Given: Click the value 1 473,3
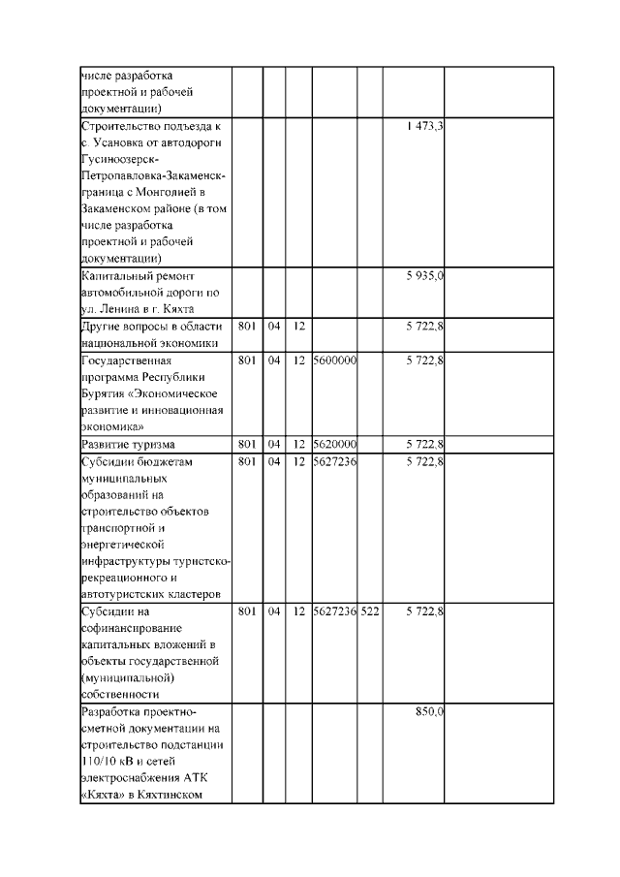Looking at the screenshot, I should coord(424,127).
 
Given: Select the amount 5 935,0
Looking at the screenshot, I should coord(424,276).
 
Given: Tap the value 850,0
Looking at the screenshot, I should coord(429,711).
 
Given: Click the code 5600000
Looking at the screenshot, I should coord(334,360).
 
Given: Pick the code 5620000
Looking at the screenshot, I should coord(334,444).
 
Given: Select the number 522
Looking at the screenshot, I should coord(369,611).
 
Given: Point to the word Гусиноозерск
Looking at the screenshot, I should coord(118,160).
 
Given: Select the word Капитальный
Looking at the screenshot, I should coord(116,276).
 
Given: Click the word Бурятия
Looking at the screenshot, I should coord(106,392).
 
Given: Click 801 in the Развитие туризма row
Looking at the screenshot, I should coord(246,444).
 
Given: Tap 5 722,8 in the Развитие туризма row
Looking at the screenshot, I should coord(424,444).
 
